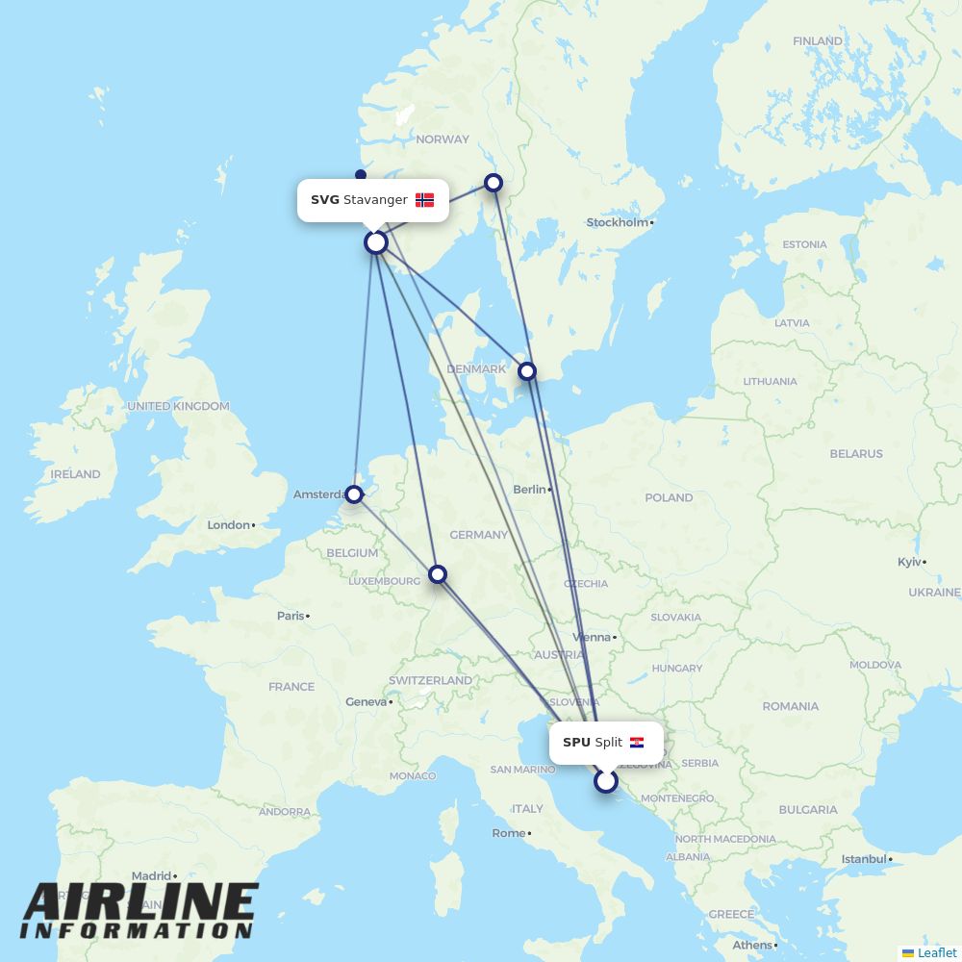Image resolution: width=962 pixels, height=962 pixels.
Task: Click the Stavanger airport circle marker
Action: point(376,242)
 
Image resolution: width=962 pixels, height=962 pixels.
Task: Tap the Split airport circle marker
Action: point(605,780)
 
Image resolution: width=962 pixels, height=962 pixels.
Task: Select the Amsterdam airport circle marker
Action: point(354,494)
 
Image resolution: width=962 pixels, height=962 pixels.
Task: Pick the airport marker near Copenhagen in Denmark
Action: point(526,370)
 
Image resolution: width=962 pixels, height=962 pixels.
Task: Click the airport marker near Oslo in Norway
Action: point(494,182)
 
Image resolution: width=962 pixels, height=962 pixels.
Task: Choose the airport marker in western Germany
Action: point(438,573)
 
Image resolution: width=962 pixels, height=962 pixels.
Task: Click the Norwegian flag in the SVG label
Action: point(424,200)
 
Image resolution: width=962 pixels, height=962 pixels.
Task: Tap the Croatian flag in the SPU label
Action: point(637,743)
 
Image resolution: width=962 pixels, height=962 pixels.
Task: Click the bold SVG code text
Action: point(325,200)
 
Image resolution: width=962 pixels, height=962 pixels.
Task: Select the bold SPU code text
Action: point(576,743)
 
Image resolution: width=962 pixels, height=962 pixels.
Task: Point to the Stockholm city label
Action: point(618,222)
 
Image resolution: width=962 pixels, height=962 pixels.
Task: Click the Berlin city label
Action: point(529,490)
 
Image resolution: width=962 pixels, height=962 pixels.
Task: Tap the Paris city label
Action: point(291,616)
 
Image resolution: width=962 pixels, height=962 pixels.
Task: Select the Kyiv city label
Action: point(909,562)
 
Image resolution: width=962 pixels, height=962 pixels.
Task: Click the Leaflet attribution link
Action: point(936,952)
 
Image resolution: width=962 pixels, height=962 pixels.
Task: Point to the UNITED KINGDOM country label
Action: point(179,406)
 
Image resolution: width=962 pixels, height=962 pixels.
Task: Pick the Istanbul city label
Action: point(863,859)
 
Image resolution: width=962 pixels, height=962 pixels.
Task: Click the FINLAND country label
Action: point(818,41)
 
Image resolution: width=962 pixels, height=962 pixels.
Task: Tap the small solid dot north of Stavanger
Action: point(361,175)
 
